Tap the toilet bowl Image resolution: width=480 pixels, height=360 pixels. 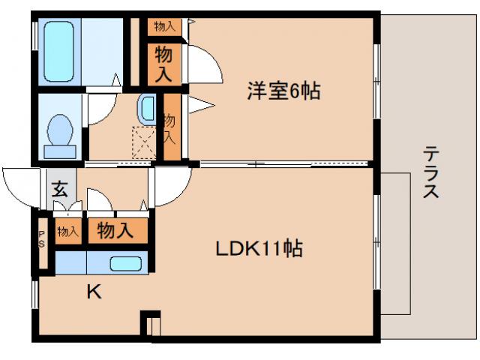click(60, 133)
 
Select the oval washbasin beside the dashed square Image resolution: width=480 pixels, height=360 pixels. click(146, 109)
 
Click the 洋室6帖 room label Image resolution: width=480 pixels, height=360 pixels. click(284, 91)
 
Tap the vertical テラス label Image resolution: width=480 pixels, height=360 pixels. click(430, 172)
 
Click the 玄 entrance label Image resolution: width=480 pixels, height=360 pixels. click(59, 188)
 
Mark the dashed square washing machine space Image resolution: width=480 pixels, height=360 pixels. click(143, 140)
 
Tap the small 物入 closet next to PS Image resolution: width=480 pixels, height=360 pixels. click(67, 231)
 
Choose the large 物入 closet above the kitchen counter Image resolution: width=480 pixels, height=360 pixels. click(115, 230)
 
